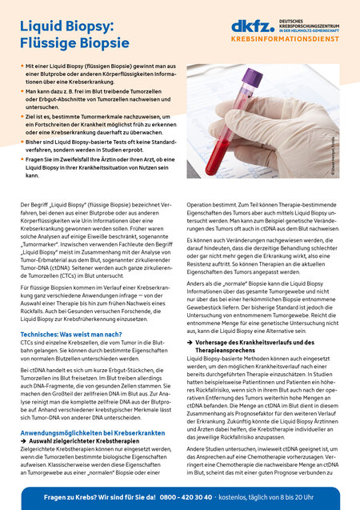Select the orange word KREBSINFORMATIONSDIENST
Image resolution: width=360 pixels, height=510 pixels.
coord(281,38)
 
